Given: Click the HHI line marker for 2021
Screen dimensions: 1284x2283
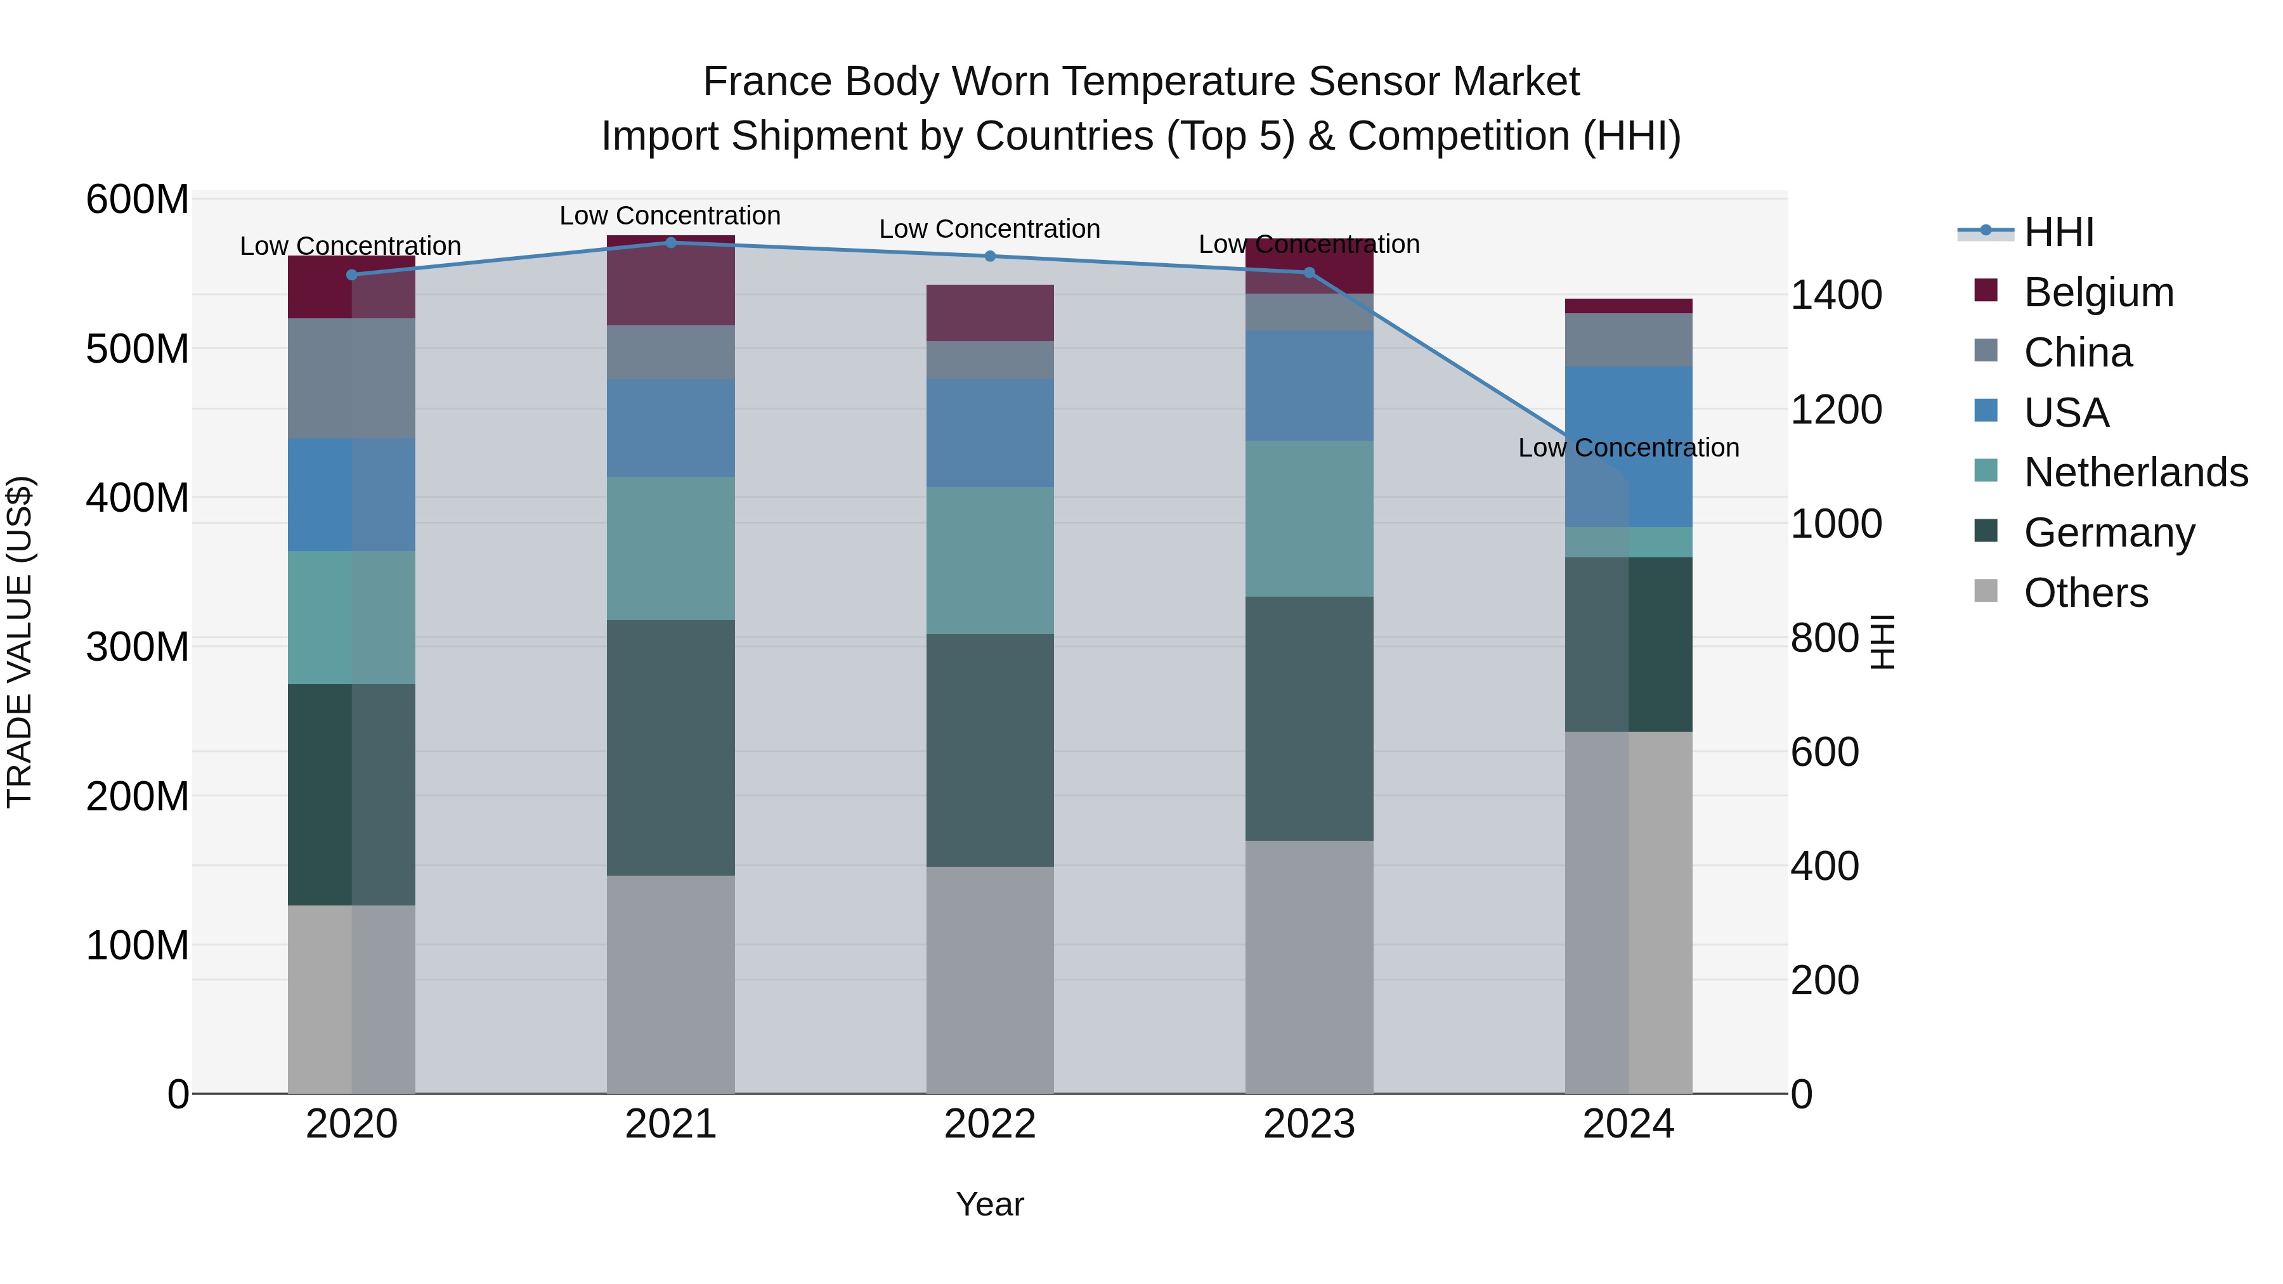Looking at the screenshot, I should point(670,243).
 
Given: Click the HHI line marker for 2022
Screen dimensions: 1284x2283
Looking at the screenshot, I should point(990,256).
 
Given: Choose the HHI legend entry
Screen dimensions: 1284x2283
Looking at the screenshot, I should point(2058,232).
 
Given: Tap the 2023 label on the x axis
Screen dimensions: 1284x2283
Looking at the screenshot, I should point(1308,1124).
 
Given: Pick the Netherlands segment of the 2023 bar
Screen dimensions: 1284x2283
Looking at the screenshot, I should point(1308,519).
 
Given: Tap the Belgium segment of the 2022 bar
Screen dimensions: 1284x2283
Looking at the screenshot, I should point(990,313).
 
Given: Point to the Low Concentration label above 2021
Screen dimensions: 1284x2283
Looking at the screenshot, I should point(670,216).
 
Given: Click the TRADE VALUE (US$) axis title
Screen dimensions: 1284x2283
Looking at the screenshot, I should point(20,642).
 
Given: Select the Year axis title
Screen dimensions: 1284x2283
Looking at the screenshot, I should point(989,1204).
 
